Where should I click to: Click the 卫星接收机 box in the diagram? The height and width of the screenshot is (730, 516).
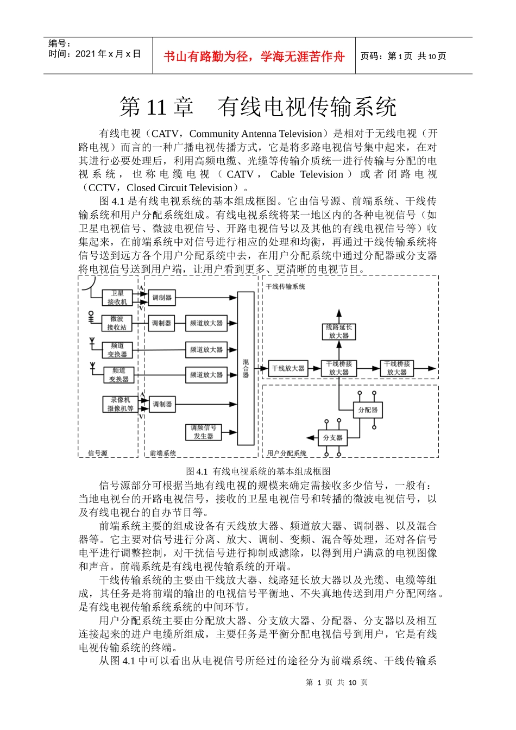coord(117,298)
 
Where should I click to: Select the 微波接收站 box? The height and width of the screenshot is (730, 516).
coord(117,323)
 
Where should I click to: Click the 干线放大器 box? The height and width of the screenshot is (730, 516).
coord(288,368)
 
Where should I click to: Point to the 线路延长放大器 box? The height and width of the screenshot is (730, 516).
coord(339,331)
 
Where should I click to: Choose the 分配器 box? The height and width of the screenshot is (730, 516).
coord(368,410)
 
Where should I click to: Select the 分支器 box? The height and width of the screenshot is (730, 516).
coord(333,437)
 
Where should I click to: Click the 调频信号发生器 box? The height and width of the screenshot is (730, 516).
coord(204,432)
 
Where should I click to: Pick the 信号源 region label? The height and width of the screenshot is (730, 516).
coord(98,453)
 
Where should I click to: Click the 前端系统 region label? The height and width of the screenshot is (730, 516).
coord(163,453)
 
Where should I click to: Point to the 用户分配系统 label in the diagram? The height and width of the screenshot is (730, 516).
coord(286,453)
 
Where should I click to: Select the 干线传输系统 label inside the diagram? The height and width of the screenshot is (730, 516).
coord(286,286)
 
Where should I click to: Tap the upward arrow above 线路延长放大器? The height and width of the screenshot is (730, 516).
coord(339,314)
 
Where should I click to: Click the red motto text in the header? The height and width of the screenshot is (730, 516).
coord(254,56)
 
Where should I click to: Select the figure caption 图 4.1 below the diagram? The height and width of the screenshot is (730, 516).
coord(258,471)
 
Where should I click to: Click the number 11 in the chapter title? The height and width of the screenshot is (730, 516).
coord(156,107)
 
